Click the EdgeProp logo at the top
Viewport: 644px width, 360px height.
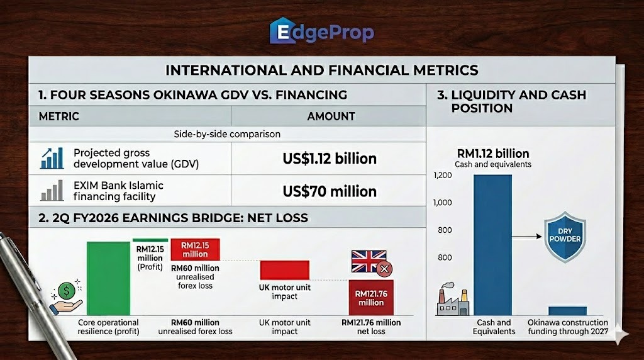click(321, 31)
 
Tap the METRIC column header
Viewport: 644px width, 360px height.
click(58, 116)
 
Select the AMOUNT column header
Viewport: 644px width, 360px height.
click(331, 116)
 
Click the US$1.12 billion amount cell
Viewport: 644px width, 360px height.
click(330, 159)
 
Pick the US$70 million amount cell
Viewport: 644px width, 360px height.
click(330, 191)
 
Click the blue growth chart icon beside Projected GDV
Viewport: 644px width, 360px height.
click(52, 158)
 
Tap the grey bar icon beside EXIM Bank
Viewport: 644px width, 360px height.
click(52, 190)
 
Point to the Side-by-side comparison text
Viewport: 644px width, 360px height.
click(227, 134)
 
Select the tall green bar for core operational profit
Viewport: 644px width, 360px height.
click(108, 278)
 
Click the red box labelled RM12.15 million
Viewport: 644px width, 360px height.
click(195, 249)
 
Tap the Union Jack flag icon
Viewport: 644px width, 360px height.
click(369, 261)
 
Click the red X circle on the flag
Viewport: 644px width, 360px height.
click(384, 269)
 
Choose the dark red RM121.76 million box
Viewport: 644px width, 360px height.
click(371, 298)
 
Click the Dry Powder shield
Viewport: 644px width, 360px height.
click(565, 237)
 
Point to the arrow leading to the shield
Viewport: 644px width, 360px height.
click(526, 236)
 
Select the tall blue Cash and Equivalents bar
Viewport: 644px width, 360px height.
click(493, 245)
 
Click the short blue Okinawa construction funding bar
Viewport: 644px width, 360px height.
click(568, 311)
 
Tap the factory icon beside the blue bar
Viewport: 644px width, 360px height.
click(453, 299)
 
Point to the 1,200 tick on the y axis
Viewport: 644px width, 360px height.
click(442, 176)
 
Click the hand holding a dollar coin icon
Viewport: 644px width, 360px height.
click(66, 296)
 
